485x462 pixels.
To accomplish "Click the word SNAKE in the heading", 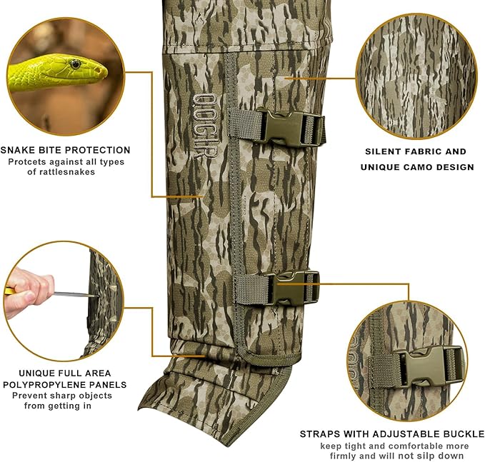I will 19,150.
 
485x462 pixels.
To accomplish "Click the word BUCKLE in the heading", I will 464,434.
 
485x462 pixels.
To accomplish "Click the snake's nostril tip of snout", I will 102,71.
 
